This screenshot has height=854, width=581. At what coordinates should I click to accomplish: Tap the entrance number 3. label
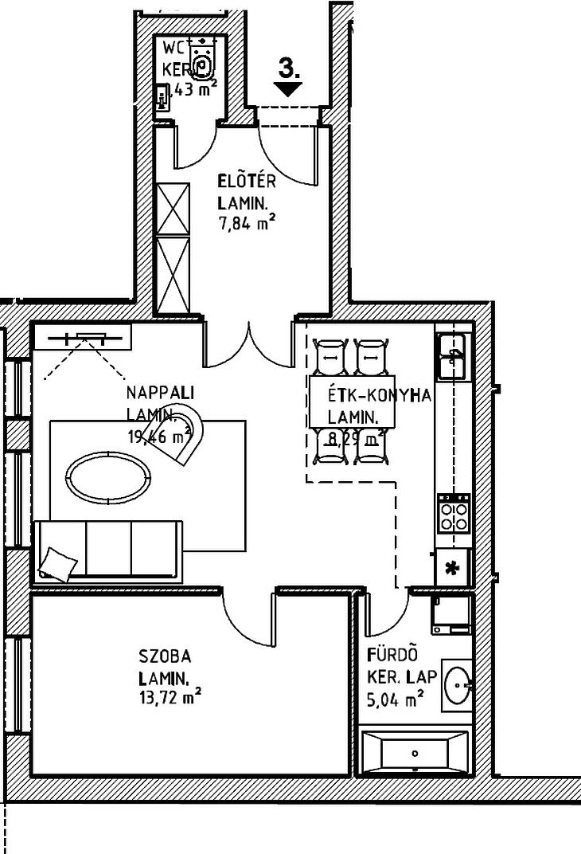pos(289,69)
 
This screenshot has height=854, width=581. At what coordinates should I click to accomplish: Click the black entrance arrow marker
pos(289,89)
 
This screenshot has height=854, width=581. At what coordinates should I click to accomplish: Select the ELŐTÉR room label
pos(247,182)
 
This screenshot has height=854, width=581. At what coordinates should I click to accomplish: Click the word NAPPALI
pos(160,393)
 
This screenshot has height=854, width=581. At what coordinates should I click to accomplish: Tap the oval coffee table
pos(109,478)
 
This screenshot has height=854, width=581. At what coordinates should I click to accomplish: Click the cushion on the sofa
pos(60,562)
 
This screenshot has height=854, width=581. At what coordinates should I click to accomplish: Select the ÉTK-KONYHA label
pos(380,396)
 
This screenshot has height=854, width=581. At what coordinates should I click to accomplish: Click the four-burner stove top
pos(454,514)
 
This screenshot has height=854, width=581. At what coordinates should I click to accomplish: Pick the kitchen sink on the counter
pos(454,356)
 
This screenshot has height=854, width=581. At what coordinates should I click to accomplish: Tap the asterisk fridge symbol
pos(453,569)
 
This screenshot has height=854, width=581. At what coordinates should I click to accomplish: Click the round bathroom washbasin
pos(458,684)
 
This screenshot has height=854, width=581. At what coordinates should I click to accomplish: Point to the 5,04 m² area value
pos(395,701)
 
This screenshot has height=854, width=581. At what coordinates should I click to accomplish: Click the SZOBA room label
pos(165,657)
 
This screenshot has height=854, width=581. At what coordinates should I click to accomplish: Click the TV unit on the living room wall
pos(82,337)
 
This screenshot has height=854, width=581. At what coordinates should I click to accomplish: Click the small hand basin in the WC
pos(163,100)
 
